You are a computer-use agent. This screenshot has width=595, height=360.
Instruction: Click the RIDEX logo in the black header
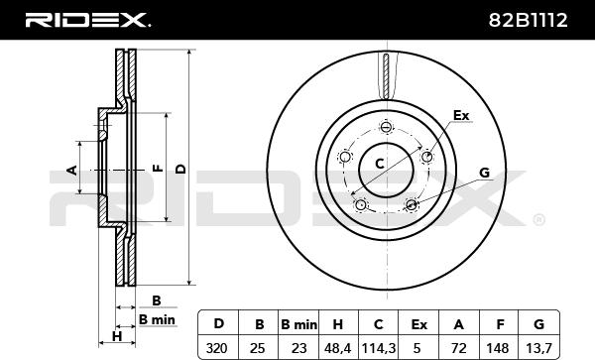[87, 20]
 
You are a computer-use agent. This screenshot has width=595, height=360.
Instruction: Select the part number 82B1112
[528, 20]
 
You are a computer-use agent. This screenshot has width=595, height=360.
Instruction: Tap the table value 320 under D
[216, 347]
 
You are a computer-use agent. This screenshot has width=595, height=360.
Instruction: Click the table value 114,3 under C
[379, 348]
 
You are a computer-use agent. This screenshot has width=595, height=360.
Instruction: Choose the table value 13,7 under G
[538, 348]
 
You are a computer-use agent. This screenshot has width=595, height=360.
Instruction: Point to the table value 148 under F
[497, 347]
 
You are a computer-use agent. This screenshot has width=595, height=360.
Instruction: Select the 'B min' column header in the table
[298, 324]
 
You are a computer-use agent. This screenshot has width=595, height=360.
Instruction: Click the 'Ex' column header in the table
[418, 324]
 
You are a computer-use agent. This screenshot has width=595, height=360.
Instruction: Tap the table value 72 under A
[459, 347]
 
